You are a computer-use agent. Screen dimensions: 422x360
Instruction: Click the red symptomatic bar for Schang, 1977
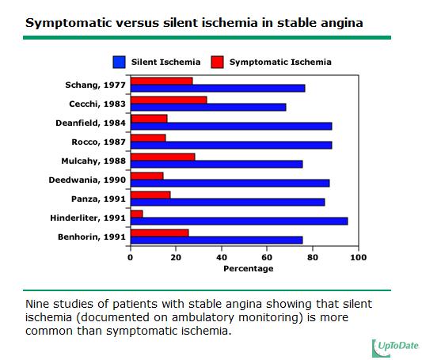pos(162,81)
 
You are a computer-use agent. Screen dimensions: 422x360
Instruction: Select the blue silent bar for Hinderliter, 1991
pos(239,222)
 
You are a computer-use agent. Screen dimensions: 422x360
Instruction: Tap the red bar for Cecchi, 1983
pos(169,100)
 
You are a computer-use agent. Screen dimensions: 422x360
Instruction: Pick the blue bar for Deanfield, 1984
pos(231,126)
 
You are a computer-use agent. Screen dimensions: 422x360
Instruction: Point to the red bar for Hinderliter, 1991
pos(137,214)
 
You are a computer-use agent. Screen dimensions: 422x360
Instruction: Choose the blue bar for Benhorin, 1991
pos(217,240)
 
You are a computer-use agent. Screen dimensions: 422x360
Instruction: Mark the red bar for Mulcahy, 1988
pos(163,157)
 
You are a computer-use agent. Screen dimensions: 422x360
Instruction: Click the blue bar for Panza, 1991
pos(228,203)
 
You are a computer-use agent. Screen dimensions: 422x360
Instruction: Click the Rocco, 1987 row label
pos(98,142)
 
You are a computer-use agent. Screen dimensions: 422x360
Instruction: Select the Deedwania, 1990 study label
pos(87,180)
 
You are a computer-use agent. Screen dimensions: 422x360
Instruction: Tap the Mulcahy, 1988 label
pos(93,161)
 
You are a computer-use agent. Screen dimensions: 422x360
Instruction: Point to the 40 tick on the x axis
pos(222,258)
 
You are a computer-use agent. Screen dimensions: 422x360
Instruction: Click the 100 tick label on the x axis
pos(358,258)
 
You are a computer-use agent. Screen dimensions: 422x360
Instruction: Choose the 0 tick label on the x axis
pos(131,258)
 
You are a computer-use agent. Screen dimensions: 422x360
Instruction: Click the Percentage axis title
pos(249,268)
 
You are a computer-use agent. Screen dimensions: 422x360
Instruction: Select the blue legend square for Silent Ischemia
pos(119,62)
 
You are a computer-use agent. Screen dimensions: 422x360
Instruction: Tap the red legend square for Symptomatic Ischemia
pos(217,62)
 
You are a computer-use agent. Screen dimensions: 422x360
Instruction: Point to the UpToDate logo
pos(396,348)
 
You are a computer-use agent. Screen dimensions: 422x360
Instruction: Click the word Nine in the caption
pos(37,304)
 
